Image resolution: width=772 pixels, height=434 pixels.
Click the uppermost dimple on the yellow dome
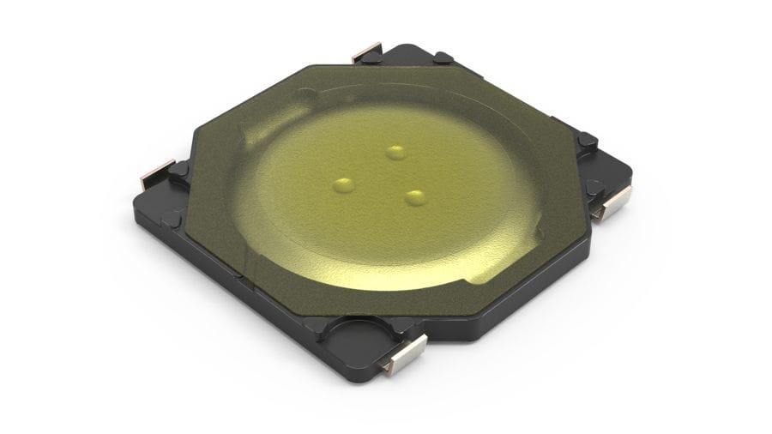click(395, 153)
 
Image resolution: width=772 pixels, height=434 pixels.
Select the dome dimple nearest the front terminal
click(416, 198)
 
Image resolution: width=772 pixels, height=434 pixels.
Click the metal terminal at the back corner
click(366, 51)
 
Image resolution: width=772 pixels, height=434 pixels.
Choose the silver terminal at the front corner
click(404, 353)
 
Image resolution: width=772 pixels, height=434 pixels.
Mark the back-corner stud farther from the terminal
click(443, 58)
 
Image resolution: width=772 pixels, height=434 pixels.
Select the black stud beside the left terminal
click(179, 169)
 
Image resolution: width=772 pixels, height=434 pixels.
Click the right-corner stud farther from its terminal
click(587, 140)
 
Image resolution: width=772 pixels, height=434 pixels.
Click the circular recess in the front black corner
click(355, 332)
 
